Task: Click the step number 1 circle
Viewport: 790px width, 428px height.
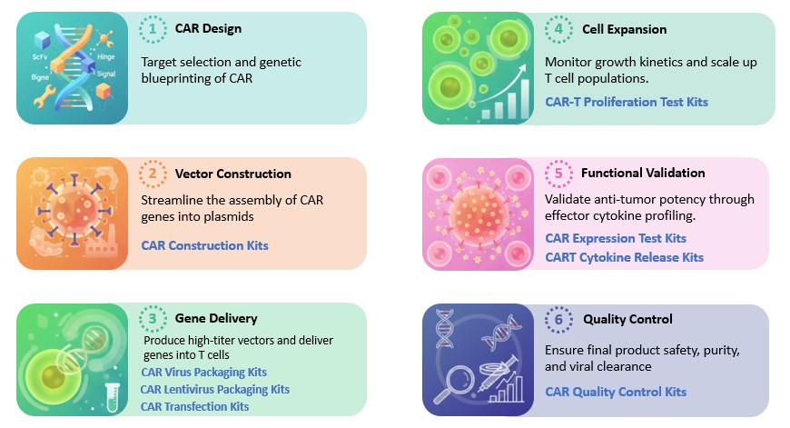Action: tap(153, 29)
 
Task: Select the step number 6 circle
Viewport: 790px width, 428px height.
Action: tap(558, 319)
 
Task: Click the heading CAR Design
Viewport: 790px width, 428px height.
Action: tap(208, 29)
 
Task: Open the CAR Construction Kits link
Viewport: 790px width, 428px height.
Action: tap(204, 245)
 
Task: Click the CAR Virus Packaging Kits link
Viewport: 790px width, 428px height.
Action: tap(203, 373)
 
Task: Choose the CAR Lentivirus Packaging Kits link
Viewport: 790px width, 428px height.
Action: tap(214, 389)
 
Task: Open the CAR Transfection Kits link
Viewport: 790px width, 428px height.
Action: tap(194, 406)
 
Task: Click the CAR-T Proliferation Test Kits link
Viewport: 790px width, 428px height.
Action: tap(627, 102)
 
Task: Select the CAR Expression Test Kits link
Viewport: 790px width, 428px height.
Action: tap(616, 238)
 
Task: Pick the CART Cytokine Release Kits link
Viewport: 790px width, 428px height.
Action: tap(624, 257)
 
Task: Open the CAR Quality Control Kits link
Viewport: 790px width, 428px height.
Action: tap(616, 392)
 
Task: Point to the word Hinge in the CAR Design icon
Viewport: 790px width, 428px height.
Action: tap(105, 56)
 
